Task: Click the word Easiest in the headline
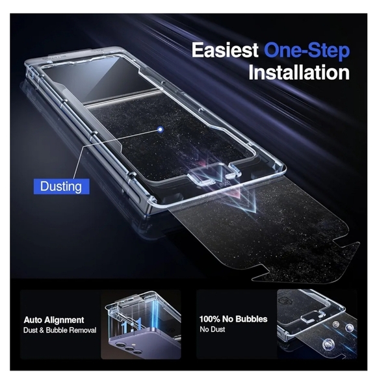pos(225,50)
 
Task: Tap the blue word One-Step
pos(307,51)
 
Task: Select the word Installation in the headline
pos(299,72)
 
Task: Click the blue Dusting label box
pos(61,187)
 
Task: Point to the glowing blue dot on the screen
pos(160,129)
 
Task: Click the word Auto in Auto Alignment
pos(33,320)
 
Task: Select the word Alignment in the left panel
pos(64,320)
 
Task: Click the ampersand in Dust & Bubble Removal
pos(41,330)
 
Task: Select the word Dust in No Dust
pos(218,329)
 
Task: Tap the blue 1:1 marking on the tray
pos(131,326)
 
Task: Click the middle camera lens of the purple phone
pos(127,348)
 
